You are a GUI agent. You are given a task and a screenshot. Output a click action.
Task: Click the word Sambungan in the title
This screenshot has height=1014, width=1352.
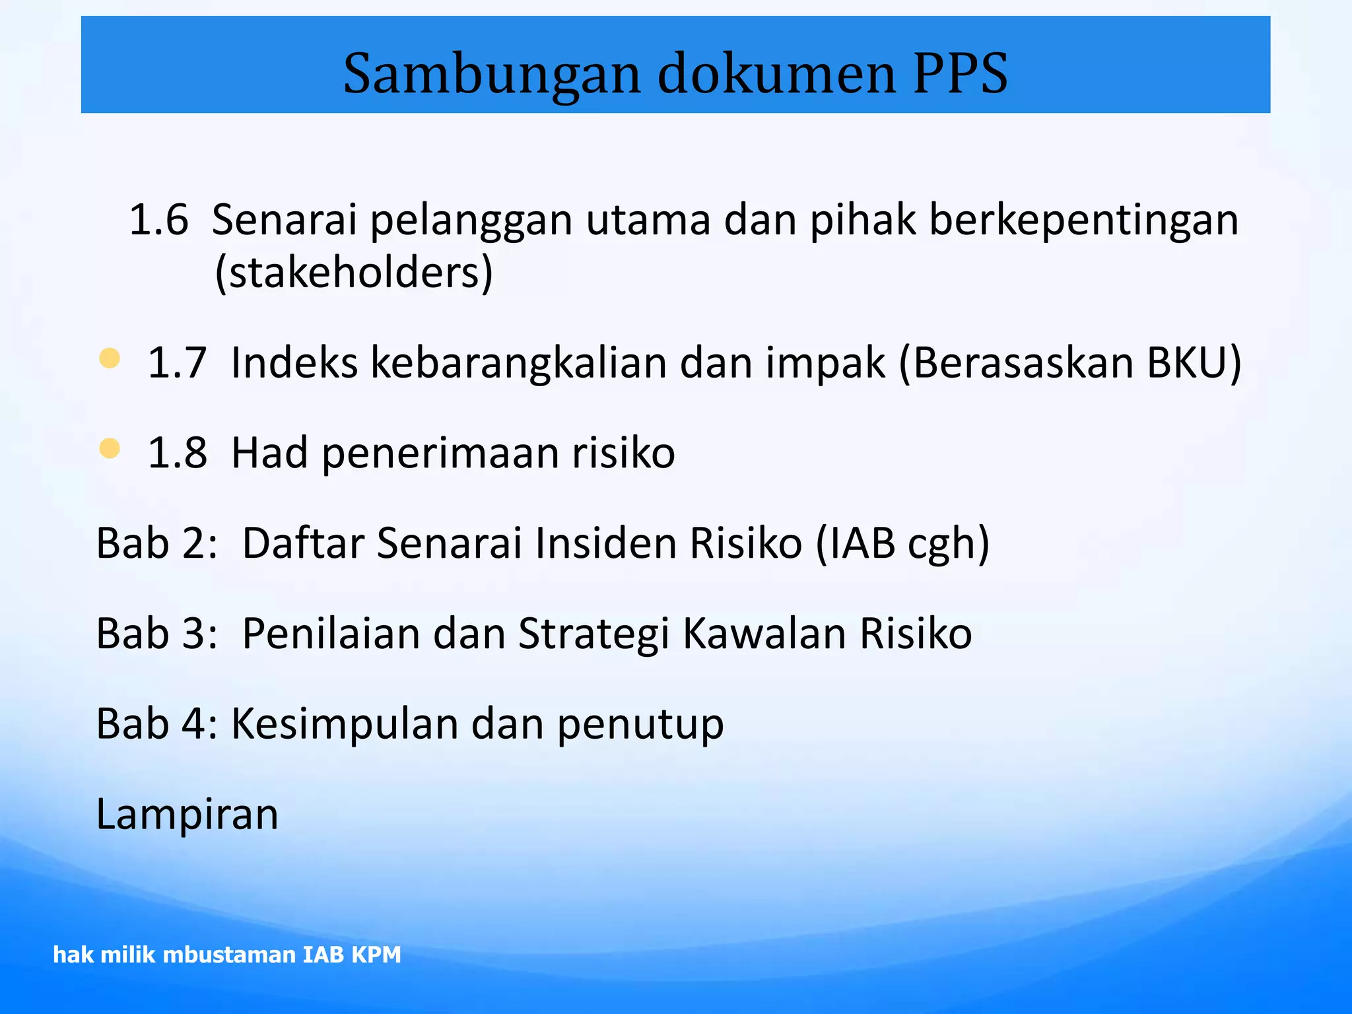[492, 74]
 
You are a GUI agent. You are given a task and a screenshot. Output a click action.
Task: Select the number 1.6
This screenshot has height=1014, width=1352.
[158, 219]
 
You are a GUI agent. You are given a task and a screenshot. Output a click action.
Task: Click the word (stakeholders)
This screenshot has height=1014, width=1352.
[354, 272]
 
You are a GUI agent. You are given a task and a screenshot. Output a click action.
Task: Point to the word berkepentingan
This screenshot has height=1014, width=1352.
[1083, 220]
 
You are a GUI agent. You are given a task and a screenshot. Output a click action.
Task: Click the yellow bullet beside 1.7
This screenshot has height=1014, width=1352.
[110, 358]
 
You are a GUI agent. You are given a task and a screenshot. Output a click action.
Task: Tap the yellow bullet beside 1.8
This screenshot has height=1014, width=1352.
[110, 449]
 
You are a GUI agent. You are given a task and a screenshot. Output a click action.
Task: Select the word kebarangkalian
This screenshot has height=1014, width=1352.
[518, 362]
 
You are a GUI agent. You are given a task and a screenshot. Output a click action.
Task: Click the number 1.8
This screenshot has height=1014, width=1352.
[177, 453]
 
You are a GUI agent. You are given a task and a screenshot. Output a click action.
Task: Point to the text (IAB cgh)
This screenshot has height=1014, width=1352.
[903, 543]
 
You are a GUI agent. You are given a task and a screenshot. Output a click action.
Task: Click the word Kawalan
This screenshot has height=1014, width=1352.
[764, 633]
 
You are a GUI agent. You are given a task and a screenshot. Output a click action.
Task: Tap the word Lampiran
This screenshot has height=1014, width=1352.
[187, 815]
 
